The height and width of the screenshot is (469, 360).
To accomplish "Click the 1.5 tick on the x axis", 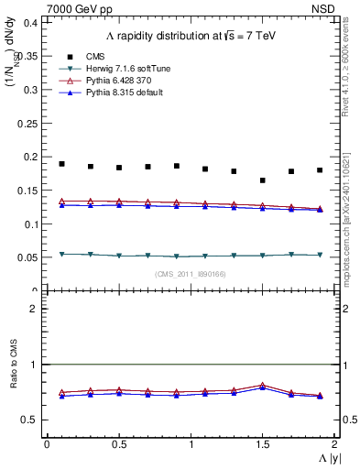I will pyautogui.click(x=262, y=444).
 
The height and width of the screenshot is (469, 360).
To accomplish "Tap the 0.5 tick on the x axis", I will pyautogui.click(x=118, y=444).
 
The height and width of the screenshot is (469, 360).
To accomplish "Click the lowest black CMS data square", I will pyautogui.click(x=263, y=180).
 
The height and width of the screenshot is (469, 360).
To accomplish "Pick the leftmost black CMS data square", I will pyautogui.click(x=61, y=164).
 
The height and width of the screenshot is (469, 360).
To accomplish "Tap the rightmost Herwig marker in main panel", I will pyautogui.click(x=320, y=255).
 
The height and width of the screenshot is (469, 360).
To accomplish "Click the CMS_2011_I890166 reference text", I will pyautogui.click(x=191, y=274).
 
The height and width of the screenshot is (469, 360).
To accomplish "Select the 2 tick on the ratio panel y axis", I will pyautogui.click(x=34, y=309).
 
